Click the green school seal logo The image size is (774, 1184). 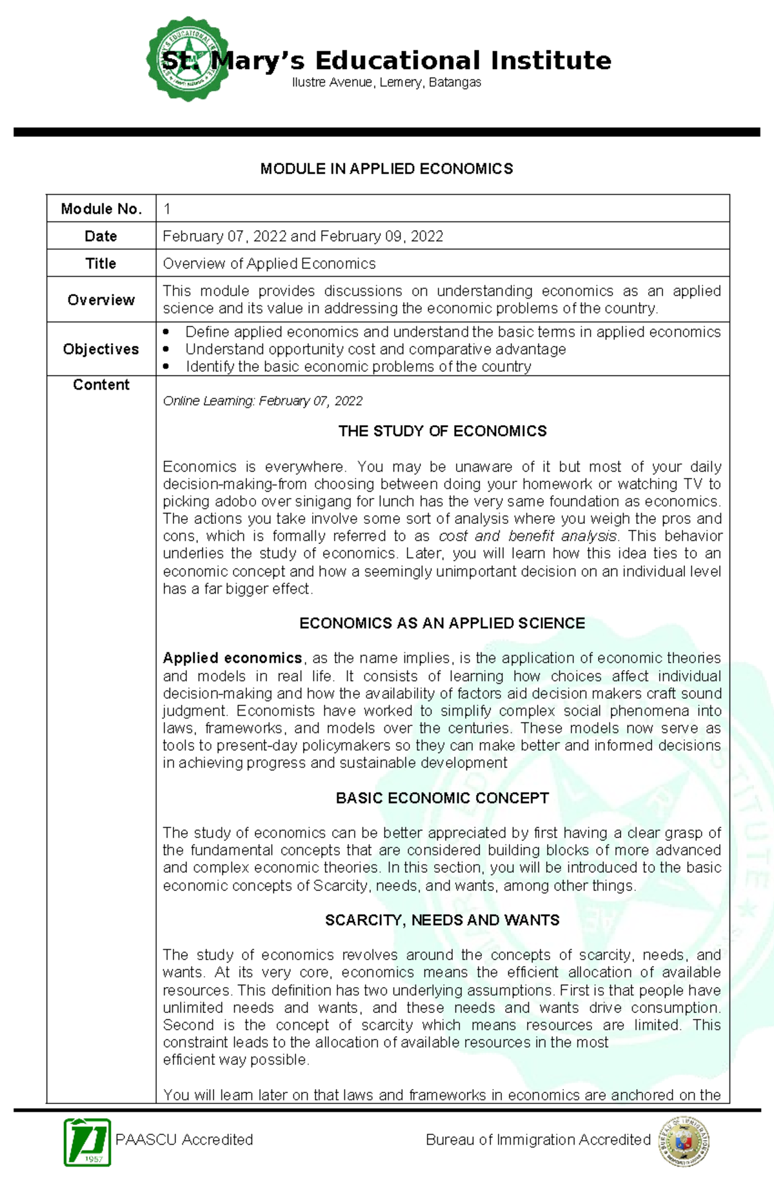tap(187, 59)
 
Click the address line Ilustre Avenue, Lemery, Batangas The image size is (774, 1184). tap(386, 83)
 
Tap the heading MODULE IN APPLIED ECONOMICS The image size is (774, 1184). tap(386, 169)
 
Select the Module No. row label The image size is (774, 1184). tap(101, 209)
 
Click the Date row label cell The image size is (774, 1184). tap(101, 236)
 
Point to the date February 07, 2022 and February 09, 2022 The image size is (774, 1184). tap(303, 236)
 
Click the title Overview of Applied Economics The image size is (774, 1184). tap(269, 264)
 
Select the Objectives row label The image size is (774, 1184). tap(101, 349)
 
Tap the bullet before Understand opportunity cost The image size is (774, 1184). tap(166, 349)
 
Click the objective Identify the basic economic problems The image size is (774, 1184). tap(358, 367)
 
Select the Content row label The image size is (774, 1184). tap(101, 385)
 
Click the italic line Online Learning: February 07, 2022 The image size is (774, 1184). tap(263, 401)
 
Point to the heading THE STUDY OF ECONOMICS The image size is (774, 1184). tap(442, 431)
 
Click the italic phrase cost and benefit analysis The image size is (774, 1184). tap(528, 536)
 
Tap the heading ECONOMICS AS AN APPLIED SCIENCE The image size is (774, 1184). tap(442, 623)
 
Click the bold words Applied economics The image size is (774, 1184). tap(232, 658)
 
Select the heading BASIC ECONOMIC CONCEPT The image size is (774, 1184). tap(442, 798)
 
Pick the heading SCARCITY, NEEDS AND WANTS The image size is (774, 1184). tap(442, 920)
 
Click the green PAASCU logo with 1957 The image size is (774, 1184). tap(88, 1142)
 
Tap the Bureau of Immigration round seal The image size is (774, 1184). tap(684, 1141)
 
